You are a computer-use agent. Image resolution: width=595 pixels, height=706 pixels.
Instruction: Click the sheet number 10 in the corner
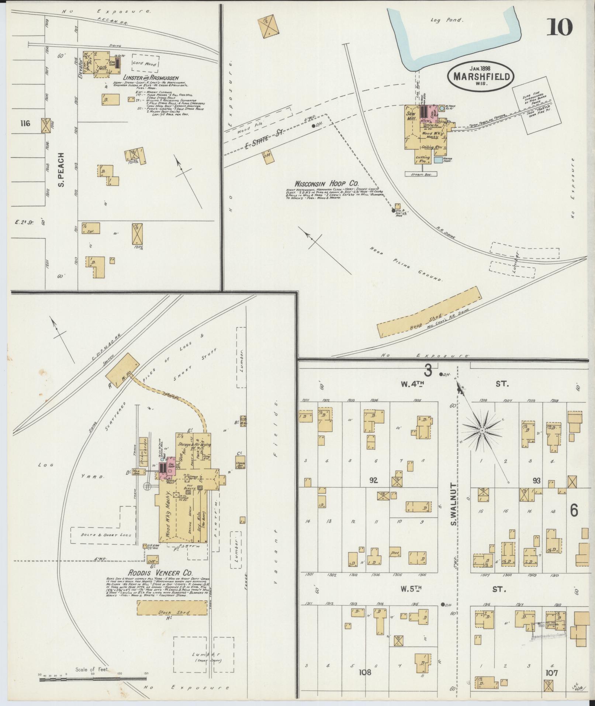(559, 26)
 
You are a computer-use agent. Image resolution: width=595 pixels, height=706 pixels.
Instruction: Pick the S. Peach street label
(62, 170)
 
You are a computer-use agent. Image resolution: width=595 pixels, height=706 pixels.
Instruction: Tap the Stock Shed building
(172, 613)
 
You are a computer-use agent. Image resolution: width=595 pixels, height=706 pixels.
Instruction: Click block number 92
(374, 480)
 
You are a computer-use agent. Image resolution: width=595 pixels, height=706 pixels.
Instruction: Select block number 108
(365, 672)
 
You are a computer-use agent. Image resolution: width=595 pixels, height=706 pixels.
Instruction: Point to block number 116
(25, 123)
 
